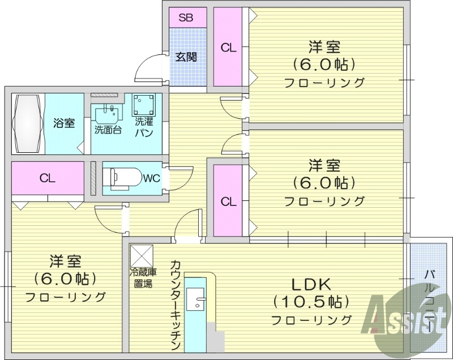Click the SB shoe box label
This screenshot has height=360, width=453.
click(186, 18)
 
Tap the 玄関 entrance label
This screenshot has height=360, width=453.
click(186, 57)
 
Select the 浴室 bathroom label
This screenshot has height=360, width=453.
click(64, 123)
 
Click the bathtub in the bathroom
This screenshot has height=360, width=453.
click(28, 123)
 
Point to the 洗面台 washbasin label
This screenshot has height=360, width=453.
click(107, 129)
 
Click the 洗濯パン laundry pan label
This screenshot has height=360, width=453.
click(143, 128)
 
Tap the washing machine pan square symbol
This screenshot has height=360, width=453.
click(143, 105)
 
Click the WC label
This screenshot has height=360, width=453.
click(151, 178)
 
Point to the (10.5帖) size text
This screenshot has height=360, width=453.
click(311, 301)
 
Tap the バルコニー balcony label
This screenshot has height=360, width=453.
click(430, 300)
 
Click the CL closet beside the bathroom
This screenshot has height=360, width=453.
click(47, 178)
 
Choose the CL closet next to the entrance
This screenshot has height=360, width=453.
click(229, 48)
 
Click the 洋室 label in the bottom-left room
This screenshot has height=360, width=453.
click(65, 262)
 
